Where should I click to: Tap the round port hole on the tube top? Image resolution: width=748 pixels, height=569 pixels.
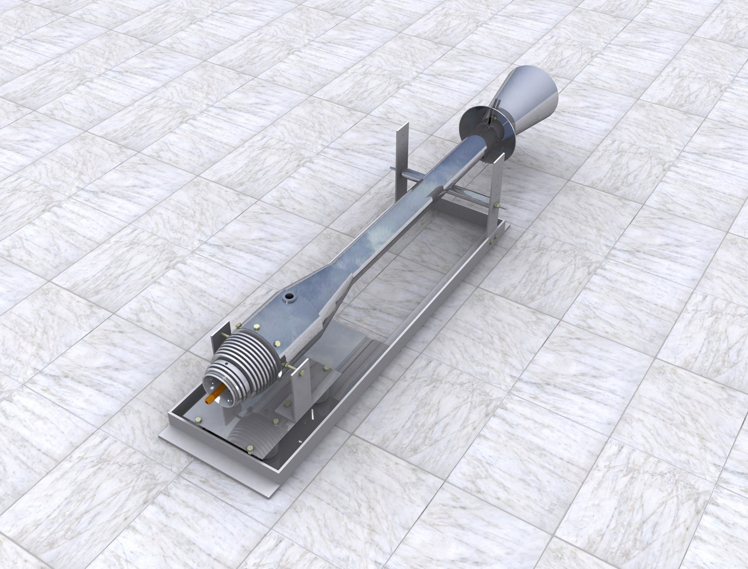[x=288, y=298]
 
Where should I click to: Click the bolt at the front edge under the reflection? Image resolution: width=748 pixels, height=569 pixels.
[x=250, y=449]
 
